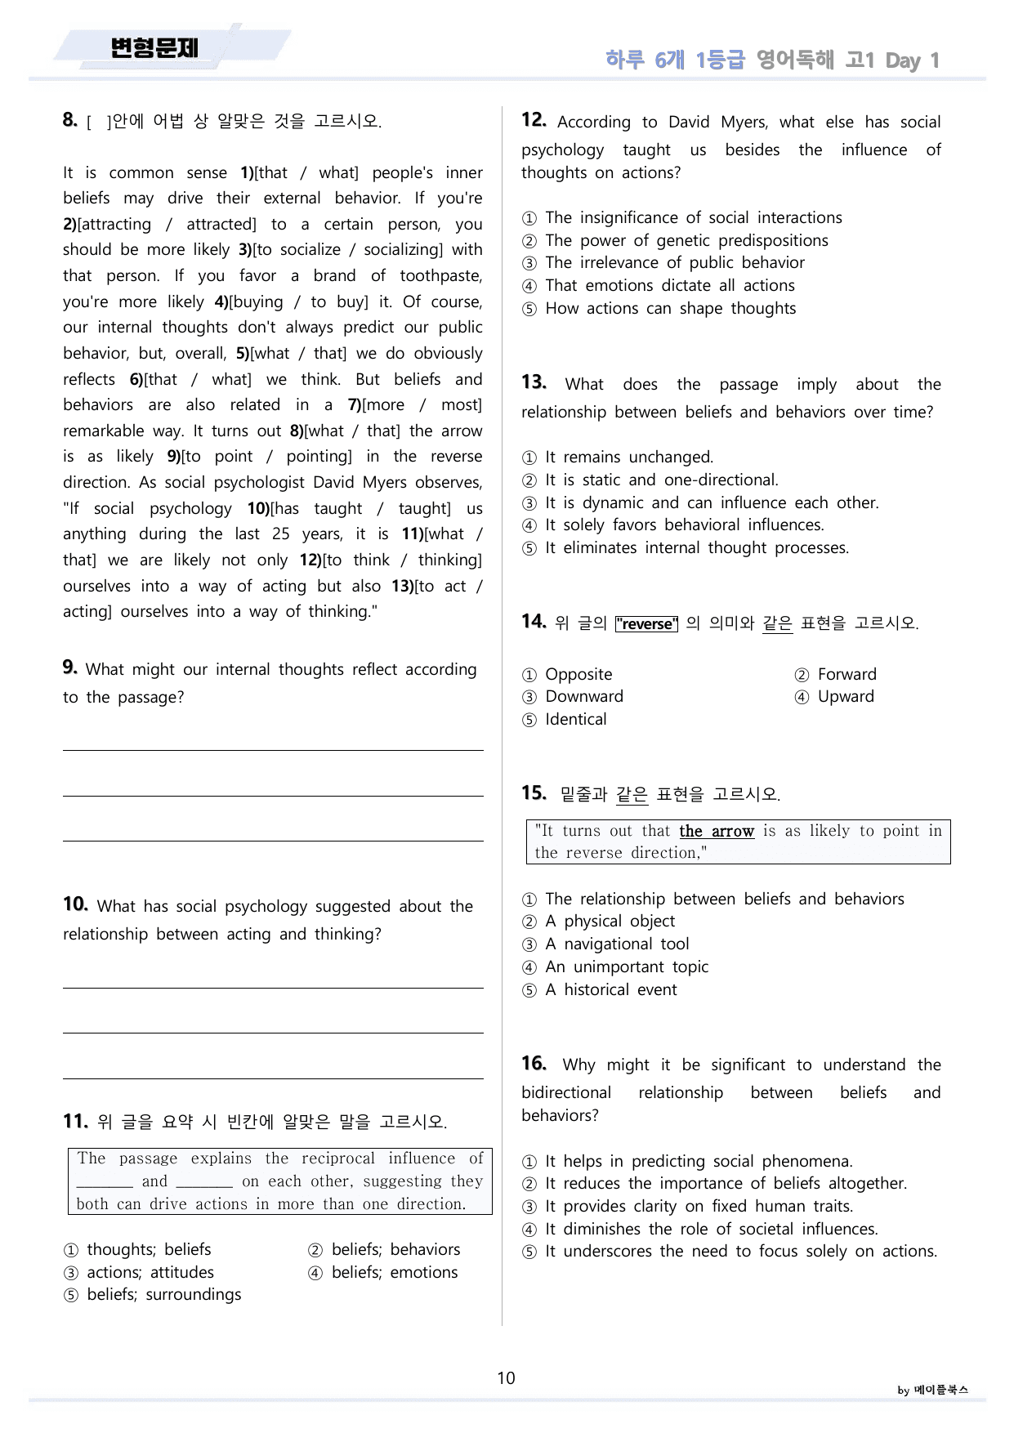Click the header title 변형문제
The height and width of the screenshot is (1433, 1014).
[154, 49]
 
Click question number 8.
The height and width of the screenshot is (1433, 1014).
[69, 120]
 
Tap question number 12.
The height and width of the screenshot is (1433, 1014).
[534, 120]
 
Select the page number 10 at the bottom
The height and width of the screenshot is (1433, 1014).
[506, 1378]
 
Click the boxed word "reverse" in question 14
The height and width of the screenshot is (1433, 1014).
[646, 624]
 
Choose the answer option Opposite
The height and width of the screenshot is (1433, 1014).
[578, 674]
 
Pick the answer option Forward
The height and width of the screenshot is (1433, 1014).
[846, 674]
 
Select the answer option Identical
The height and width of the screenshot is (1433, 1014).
[575, 719]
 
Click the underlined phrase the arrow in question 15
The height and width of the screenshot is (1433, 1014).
[716, 831]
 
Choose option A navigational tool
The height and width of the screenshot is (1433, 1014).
[617, 944]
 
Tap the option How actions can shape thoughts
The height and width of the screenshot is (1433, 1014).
[670, 308]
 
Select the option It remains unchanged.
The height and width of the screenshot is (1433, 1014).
[628, 457]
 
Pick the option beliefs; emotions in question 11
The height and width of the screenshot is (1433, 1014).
[394, 1272]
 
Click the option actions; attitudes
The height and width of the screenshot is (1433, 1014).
[150, 1272]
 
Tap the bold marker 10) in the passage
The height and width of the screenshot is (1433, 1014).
[258, 508]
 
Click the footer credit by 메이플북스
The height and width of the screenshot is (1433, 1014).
[932, 1390]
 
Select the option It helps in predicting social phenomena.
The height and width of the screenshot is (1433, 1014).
[699, 1161]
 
